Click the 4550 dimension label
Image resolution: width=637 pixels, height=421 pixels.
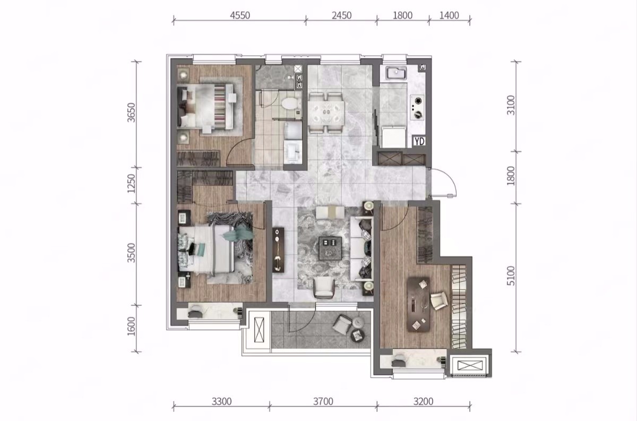(x=240, y=15)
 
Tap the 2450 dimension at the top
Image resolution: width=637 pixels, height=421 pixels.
(x=341, y=15)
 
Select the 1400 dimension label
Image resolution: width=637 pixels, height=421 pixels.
(x=449, y=15)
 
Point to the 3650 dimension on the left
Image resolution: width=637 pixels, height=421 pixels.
(x=132, y=113)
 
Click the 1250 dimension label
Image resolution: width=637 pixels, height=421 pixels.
(x=132, y=184)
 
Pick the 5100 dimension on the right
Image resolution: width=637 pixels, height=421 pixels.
(x=511, y=276)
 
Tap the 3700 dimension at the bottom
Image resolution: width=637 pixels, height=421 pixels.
(x=323, y=402)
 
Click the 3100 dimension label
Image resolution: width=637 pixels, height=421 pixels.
(x=511, y=105)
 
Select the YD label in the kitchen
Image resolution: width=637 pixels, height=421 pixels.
(x=419, y=141)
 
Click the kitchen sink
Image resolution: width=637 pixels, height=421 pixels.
(x=396, y=74)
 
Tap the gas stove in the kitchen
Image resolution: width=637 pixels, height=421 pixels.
(x=417, y=108)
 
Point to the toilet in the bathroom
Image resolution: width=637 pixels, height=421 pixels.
(x=290, y=103)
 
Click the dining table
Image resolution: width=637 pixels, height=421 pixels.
(x=326, y=113)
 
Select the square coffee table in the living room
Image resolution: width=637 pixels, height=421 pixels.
(x=330, y=248)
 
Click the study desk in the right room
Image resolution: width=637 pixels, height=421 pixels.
(x=418, y=304)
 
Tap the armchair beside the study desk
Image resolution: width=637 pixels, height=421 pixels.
(x=439, y=300)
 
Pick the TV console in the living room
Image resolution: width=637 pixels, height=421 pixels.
(x=278, y=250)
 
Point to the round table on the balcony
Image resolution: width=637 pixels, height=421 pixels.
(x=357, y=336)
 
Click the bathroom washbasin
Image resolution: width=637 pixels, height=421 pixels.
(x=293, y=153)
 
